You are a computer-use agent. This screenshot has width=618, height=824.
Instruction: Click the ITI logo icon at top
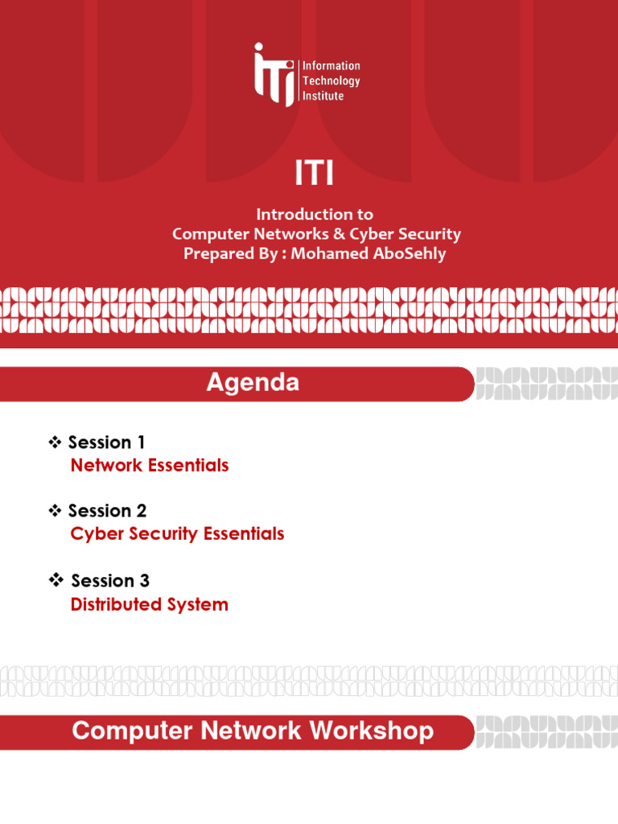pyautogui.click(x=274, y=74)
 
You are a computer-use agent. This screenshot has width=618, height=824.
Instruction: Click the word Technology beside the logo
pyautogui.click(x=331, y=80)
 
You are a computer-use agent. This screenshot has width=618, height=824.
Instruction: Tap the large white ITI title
pyautogui.click(x=314, y=174)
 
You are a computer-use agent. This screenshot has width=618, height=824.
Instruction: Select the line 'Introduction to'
pyautogui.click(x=314, y=214)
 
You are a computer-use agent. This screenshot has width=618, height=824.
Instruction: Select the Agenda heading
pyautogui.click(x=253, y=383)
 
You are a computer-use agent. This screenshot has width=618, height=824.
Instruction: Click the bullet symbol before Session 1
pyautogui.click(x=56, y=442)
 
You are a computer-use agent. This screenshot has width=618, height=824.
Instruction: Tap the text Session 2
pyautogui.click(x=107, y=511)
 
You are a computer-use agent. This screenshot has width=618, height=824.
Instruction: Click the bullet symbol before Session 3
pyautogui.click(x=56, y=580)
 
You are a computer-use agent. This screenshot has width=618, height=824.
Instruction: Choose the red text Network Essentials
pyautogui.click(x=150, y=465)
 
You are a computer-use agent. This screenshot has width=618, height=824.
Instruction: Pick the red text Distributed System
pyautogui.click(x=150, y=604)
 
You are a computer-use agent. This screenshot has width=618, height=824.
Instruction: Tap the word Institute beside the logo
pyautogui.click(x=323, y=96)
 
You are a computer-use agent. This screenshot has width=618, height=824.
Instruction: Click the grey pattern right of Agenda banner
pyautogui.click(x=546, y=384)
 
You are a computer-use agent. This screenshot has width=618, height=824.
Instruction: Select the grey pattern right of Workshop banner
pyautogui.click(x=546, y=732)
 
